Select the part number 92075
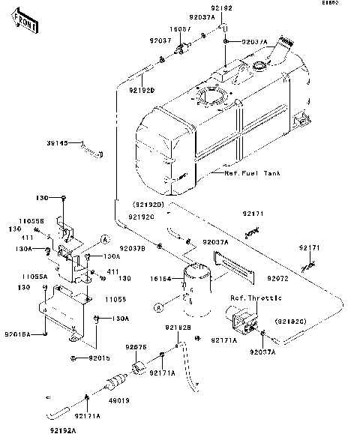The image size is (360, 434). point(136,346)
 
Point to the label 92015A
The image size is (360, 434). point(18,334)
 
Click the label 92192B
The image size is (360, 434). point(178,327)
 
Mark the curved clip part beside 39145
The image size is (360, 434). point(91,152)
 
